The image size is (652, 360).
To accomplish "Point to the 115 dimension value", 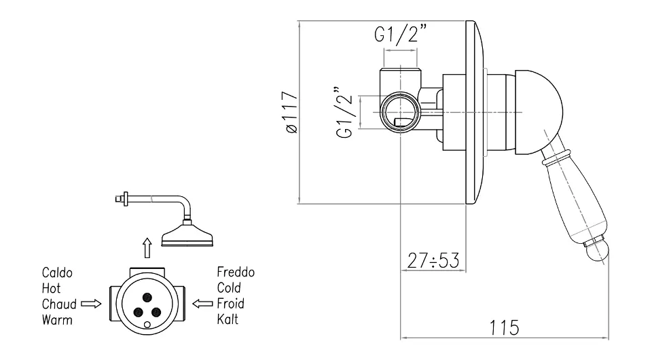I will (503, 327).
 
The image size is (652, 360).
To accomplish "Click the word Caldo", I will (56, 273).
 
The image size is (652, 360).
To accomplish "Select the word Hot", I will (51, 288).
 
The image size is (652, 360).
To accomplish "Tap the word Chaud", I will (58, 303).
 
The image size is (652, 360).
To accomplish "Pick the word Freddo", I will (236, 273).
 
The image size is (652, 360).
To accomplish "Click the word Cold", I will (229, 288).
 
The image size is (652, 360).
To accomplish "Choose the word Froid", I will (230, 303).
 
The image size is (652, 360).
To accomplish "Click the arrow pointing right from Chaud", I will (90, 303).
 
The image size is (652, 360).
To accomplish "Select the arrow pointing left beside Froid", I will (202, 303).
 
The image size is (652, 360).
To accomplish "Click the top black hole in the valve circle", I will (147, 296).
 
